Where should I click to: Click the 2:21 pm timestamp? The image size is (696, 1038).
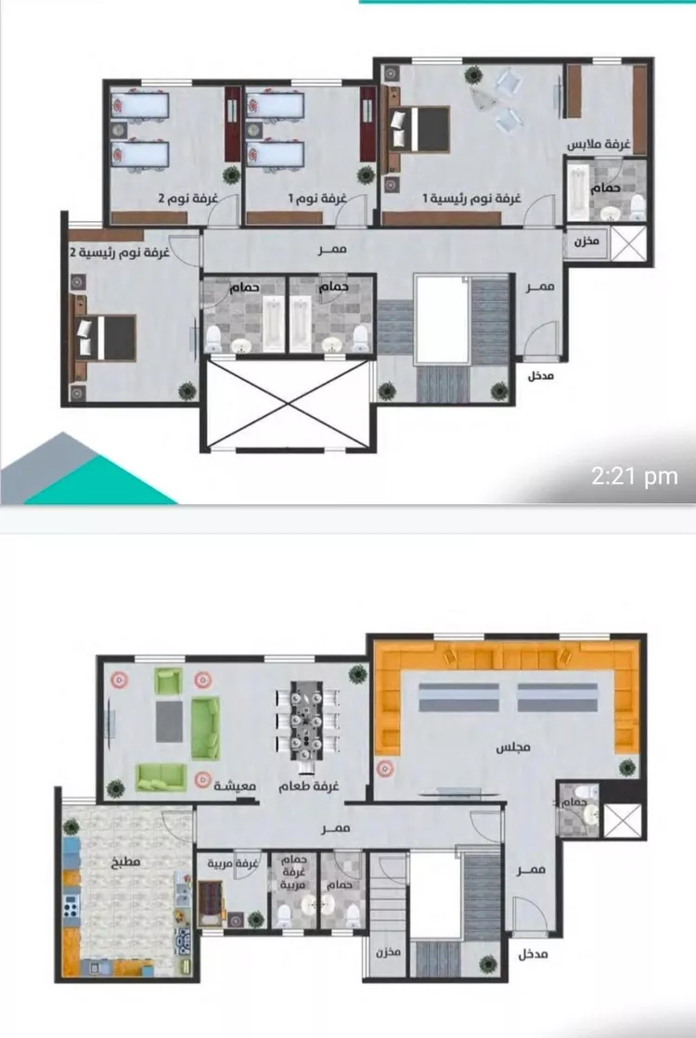[635, 476]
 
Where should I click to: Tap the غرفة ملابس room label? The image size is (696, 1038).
[599, 144]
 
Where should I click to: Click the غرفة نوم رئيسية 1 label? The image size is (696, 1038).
[472, 199]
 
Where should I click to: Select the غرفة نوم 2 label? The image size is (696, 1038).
[187, 199]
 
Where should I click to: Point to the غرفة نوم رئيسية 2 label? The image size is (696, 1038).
[121, 253]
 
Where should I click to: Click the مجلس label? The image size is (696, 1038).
[513, 748]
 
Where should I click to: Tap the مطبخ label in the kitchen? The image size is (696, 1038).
[125, 863]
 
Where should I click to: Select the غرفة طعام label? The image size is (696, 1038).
[308, 786]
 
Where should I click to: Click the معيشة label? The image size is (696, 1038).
[235, 786]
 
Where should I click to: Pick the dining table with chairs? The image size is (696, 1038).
[308, 724]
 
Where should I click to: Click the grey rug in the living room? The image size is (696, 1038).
[170, 721]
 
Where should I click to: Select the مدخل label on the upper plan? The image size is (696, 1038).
[540, 376]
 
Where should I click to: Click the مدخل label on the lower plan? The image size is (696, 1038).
[534, 954]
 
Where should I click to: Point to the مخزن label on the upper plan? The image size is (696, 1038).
[586, 241]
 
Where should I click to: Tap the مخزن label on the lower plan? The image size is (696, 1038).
[388, 953]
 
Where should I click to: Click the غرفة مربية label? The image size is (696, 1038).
[232, 863]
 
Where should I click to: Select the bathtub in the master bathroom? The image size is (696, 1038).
[579, 191]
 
